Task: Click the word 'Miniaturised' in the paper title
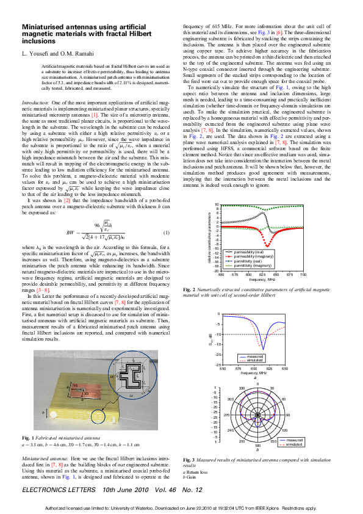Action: (45, 28)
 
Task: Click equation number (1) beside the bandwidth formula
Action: (167, 233)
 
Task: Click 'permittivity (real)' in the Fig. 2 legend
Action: (247, 261)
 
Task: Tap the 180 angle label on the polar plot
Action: (258, 447)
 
